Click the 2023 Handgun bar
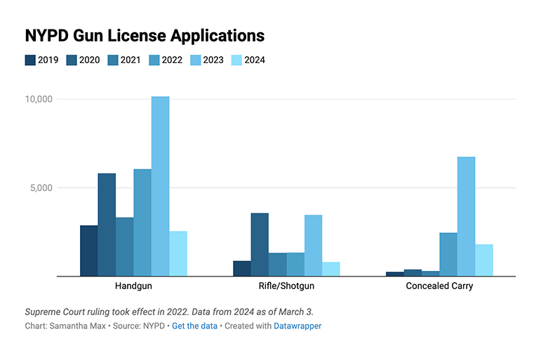[160, 186]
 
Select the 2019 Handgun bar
[88, 251]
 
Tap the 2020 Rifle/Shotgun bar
[260, 244]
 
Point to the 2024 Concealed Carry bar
[484, 260]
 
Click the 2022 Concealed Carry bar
[448, 254]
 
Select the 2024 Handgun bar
[178, 253]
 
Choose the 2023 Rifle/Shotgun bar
[313, 245]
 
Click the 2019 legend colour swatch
[30, 60]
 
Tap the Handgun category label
[133, 286]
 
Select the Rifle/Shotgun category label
[286, 286]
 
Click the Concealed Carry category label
[439, 286]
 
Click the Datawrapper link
[297, 326]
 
